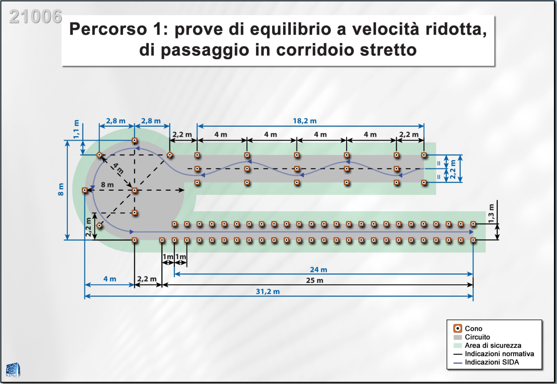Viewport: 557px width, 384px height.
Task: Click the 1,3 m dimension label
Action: pyautogui.click(x=491, y=214)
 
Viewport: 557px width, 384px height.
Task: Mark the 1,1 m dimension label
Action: pyautogui.click(x=77, y=129)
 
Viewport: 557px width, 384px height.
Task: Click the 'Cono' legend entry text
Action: pyautogui.click(x=474, y=329)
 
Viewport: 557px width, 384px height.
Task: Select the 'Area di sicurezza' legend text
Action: pyautogui.click(x=493, y=345)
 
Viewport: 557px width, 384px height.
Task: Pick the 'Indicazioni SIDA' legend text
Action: pyautogui.click(x=492, y=362)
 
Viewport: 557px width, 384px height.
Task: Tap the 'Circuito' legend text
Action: pyautogui.click(x=477, y=337)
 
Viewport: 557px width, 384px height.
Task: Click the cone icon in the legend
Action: pyautogui.click(x=457, y=329)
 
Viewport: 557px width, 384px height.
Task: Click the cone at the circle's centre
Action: pyautogui.click(x=135, y=190)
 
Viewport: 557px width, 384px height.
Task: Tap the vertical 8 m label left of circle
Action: pyautogui.click(x=60, y=189)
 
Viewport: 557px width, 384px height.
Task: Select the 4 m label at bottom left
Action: pyautogui.click(x=110, y=279)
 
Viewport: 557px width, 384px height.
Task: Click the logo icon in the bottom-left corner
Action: pyautogui.click(x=13, y=370)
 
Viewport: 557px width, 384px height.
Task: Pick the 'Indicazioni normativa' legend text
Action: pyautogui.click(x=499, y=354)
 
